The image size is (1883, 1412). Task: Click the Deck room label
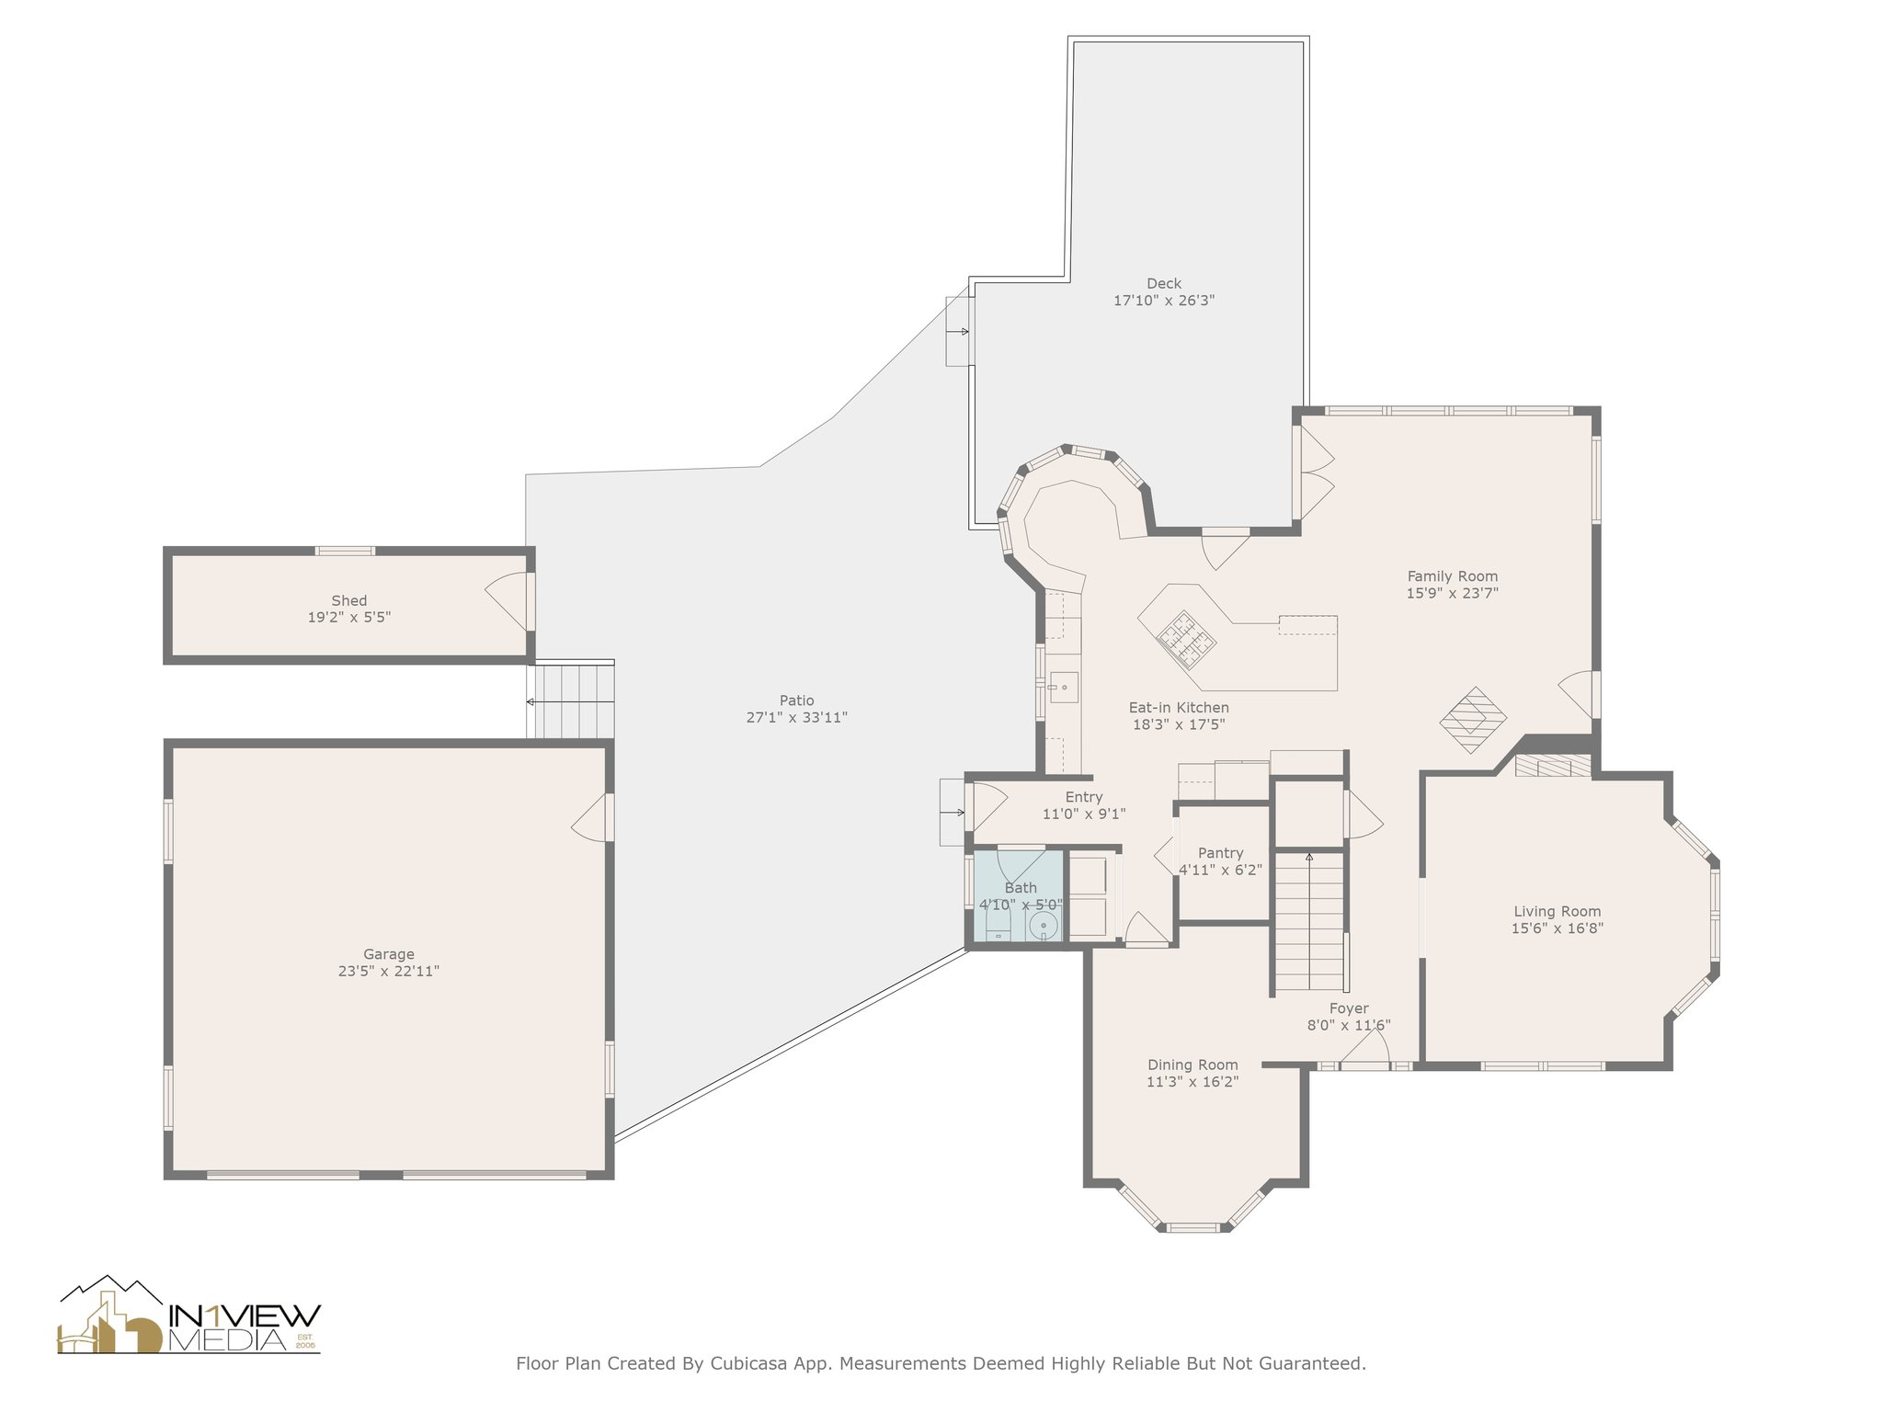(x=1164, y=283)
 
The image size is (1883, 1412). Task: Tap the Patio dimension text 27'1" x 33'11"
(x=796, y=718)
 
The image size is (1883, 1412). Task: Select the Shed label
(x=349, y=600)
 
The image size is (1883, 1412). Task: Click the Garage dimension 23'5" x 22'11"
(x=389, y=971)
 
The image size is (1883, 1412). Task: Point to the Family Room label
(x=1453, y=576)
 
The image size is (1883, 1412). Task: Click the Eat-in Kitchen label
(x=1179, y=708)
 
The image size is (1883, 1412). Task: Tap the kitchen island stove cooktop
(x=1187, y=639)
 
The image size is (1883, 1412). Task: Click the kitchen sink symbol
(x=1064, y=687)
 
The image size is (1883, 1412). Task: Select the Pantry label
(x=1221, y=853)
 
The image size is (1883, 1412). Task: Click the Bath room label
(x=1021, y=888)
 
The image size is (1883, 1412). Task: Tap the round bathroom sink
(x=1044, y=927)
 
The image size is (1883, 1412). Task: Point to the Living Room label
(x=1558, y=912)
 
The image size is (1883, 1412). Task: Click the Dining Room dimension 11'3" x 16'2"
(x=1193, y=1082)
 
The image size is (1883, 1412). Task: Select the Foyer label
(x=1349, y=1008)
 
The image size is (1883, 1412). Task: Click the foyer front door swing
(x=1365, y=1048)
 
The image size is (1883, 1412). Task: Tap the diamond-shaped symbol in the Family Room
(x=1473, y=721)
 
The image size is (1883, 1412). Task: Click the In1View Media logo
(x=188, y=1315)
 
